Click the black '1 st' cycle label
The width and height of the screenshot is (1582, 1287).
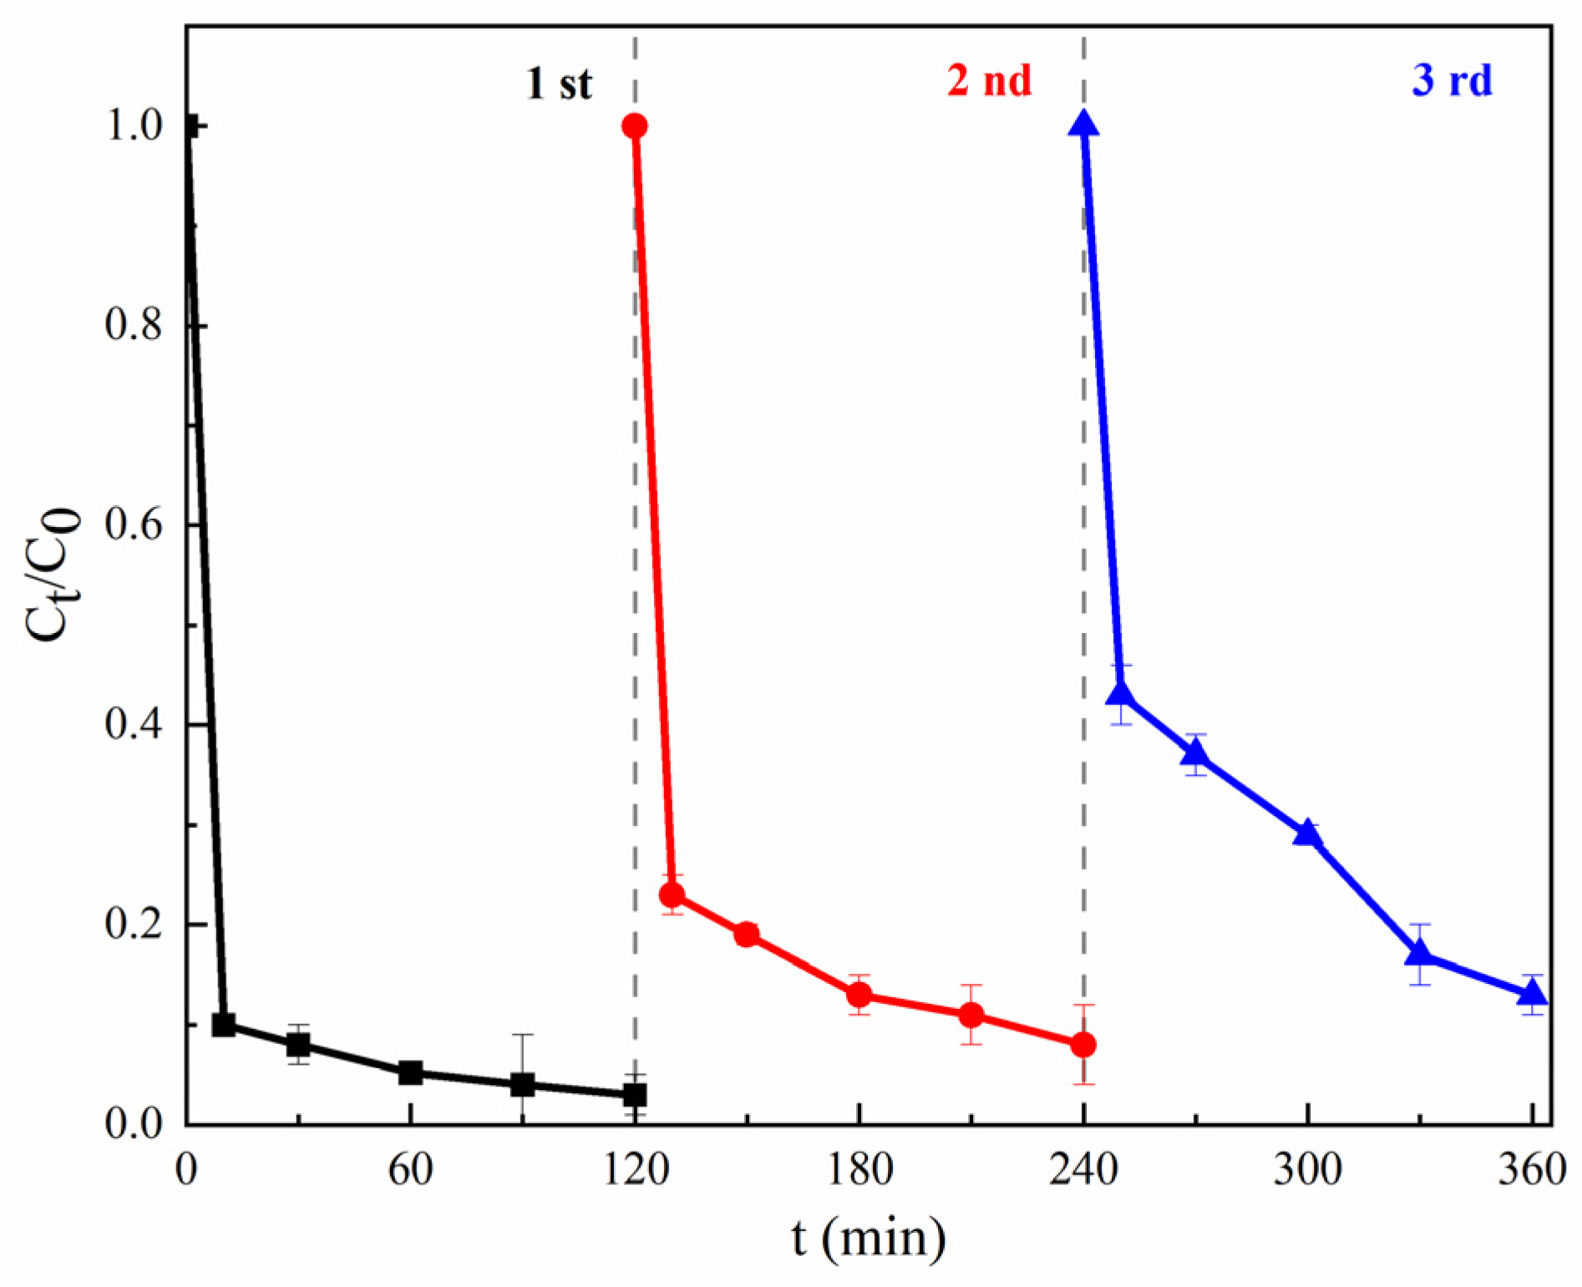click(559, 84)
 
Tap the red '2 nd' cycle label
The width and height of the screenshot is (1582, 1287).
click(989, 81)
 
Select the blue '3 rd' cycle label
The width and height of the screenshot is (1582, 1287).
click(1452, 81)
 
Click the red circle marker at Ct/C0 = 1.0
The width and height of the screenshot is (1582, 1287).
click(635, 126)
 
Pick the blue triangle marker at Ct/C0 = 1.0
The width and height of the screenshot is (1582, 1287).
click(1084, 124)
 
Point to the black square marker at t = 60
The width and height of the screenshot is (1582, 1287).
click(410, 1073)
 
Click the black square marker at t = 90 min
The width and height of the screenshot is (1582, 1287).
click(522, 1085)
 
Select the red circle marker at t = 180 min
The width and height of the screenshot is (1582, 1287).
click(859, 995)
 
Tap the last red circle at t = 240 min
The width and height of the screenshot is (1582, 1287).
click(1083, 1045)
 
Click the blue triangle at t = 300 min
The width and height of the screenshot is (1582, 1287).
click(1307, 834)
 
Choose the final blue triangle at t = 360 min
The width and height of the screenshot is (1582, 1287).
click(1532, 993)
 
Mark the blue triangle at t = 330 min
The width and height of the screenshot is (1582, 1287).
click(1419, 953)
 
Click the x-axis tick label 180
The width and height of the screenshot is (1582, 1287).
click(859, 1170)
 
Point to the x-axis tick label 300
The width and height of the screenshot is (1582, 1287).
click(1307, 1170)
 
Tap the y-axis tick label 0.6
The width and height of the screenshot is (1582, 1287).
click(134, 524)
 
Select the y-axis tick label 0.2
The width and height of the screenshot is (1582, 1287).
click(134, 925)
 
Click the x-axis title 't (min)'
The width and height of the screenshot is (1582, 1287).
click(869, 1238)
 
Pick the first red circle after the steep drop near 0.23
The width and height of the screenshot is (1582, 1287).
click(672, 895)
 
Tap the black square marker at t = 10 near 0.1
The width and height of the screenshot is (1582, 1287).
click(223, 1025)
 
